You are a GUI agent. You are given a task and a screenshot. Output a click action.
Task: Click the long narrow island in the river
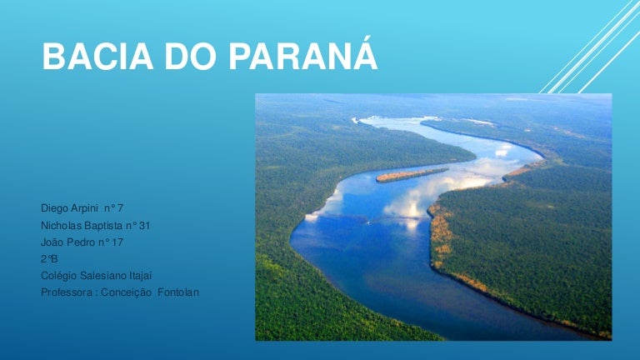coord(411,174)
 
